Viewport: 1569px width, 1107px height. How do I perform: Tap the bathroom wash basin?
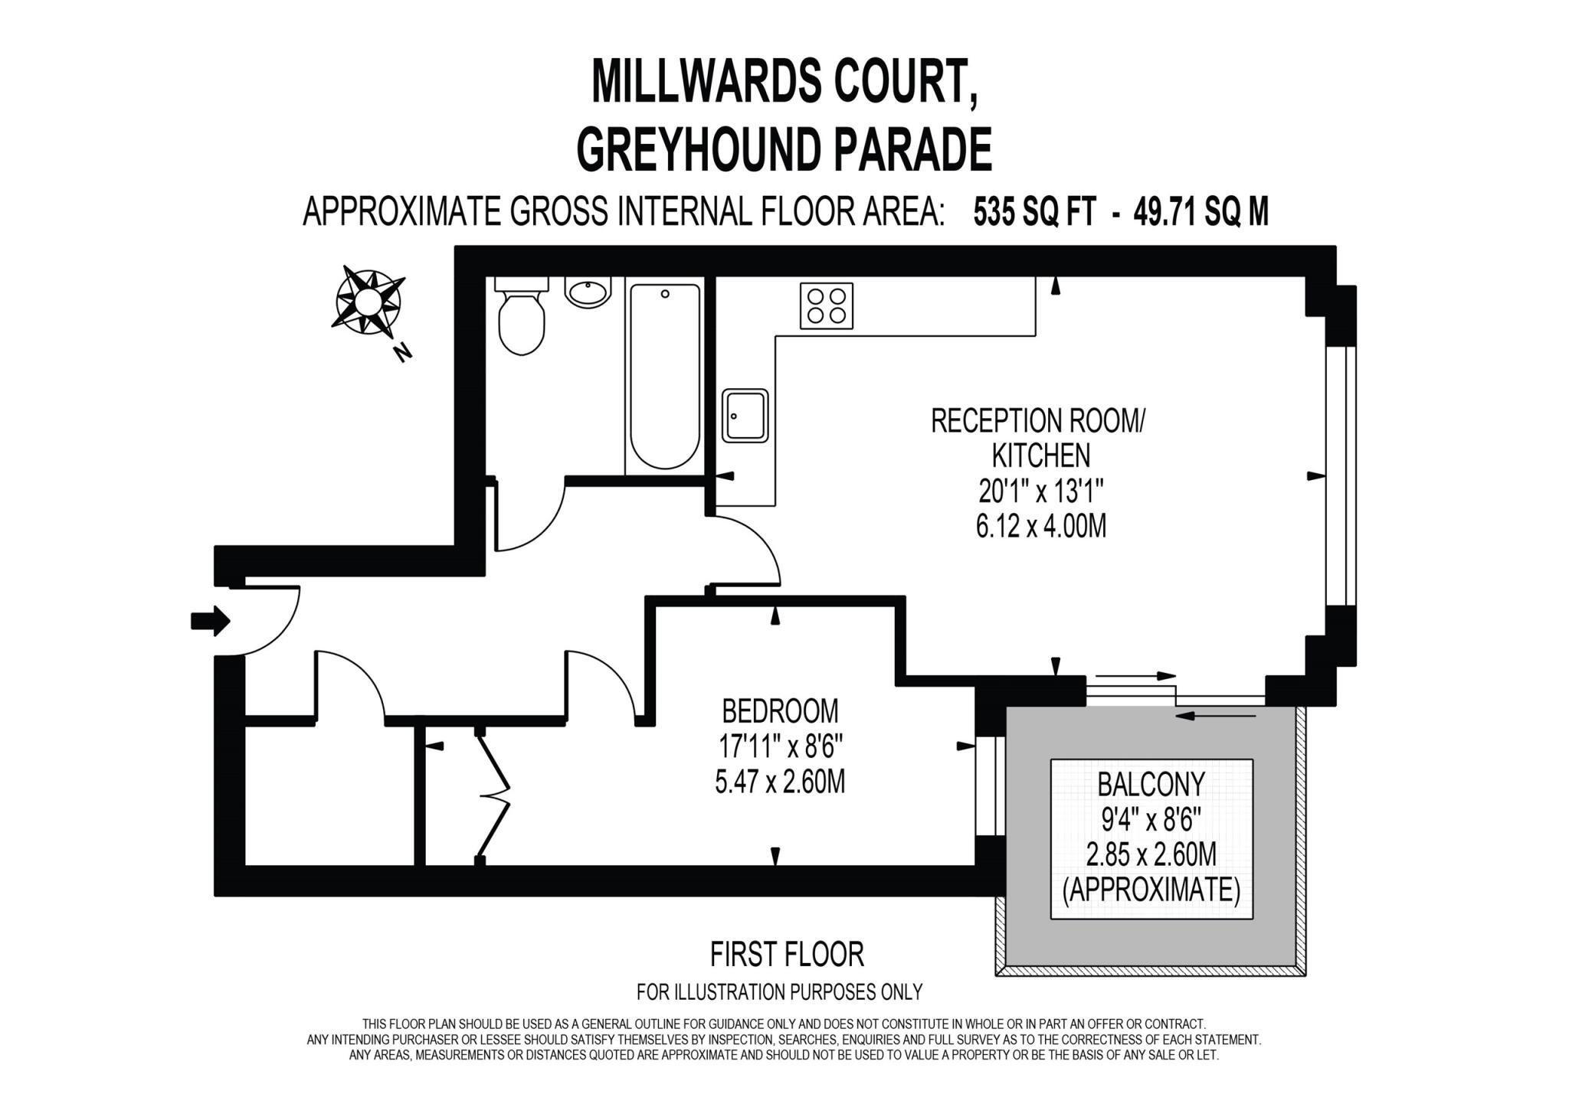tap(588, 292)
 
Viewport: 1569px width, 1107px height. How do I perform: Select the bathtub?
tap(665, 375)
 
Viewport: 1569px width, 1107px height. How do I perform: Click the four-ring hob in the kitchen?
tap(826, 305)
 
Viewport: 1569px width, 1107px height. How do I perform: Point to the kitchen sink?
tap(745, 416)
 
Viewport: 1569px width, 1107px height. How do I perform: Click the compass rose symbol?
tap(369, 301)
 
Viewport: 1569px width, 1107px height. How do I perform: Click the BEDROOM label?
tap(780, 711)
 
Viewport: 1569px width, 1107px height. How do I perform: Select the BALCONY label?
tap(1151, 784)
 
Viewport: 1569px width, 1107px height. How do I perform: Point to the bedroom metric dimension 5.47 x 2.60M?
tap(780, 782)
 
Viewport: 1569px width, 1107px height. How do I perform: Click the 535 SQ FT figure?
tap(1034, 212)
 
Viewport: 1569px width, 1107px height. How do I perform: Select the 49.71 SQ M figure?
tap(1200, 212)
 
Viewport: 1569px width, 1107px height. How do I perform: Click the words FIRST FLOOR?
tap(787, 955)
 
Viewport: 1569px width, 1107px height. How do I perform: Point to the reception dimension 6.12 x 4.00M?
tap(1041, 527)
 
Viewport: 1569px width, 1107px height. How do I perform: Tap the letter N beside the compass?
tap(401, 352)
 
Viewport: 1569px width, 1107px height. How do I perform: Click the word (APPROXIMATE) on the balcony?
tap(1151, 890)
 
